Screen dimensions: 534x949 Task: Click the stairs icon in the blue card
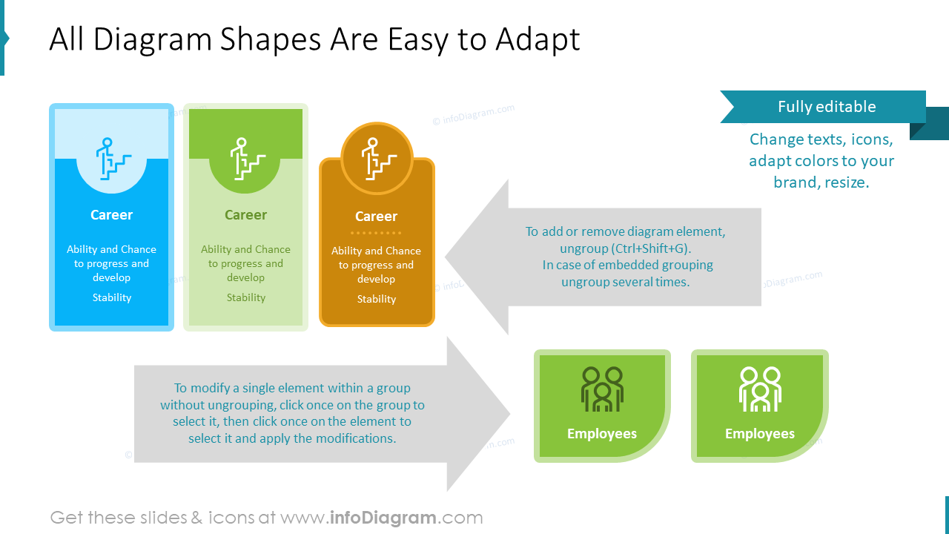tap(112, 158)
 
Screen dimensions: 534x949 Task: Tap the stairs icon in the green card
tap(246, 158)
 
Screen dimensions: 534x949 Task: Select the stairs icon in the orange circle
tap(377, 158)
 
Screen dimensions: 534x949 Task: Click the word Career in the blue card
tap(111, 215)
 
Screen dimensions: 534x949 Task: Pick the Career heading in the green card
tap(245, 215)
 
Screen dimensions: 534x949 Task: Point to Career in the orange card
tap(376, 217)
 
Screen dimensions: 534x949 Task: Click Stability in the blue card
tap(112, 297)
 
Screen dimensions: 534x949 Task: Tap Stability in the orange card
tap(377, 299)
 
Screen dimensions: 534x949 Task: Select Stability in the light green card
tap(246, 297)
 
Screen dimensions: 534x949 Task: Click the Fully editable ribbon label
tap(826, 107)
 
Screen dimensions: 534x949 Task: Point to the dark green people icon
tap(602, 389)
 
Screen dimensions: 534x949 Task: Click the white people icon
tap(760, 389)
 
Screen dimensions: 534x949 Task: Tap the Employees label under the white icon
tap(760, 434)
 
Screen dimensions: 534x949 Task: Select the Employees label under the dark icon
tap(602, 434)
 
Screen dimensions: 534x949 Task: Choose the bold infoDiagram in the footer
tap(383, 518)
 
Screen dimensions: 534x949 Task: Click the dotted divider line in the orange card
tap(377, 233)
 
